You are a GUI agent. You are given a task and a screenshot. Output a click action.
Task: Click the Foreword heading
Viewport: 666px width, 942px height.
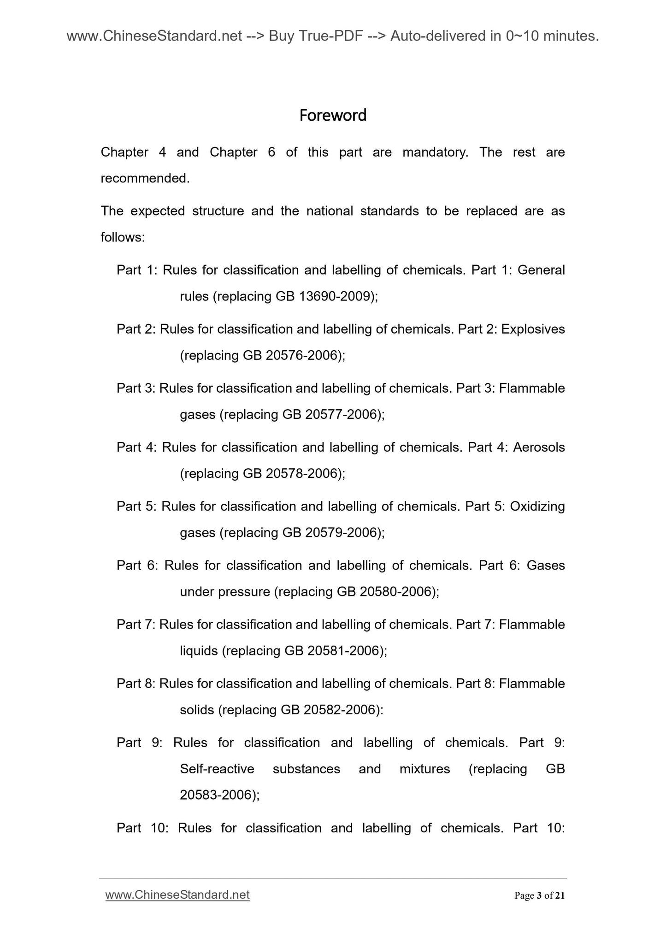pyautogui.click(x=333, y=115)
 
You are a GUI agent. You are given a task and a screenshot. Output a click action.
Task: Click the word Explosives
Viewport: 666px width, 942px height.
pyautogui.click(x=533, y=329)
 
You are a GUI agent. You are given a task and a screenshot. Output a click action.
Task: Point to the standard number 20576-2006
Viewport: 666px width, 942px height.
pyautogui.click(x=303, y=355)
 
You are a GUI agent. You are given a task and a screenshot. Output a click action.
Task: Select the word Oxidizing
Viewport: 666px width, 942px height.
pyautogui.click(x=537, y=506)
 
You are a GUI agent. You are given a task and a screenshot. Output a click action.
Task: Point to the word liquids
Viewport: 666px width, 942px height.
pyautogui.click(x=199, y=651)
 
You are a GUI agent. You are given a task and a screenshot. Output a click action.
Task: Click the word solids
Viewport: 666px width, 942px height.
pyautogui.click(x=197, y=710)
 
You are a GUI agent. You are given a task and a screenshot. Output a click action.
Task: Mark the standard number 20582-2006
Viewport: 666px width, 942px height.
pyautogui.click(x=341, y=710)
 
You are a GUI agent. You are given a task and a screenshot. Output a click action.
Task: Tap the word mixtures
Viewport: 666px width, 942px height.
pyautogui.click(x=424, y=769)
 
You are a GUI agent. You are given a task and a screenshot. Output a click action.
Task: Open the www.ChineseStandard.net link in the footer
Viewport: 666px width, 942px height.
pyautogui.click(x=177, y=895)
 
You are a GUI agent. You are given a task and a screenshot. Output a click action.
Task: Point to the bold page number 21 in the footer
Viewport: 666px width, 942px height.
pyautogui.click(x=560, y=895)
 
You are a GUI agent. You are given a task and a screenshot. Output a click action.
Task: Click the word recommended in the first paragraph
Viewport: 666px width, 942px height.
pyautogui.click(x=145, y=178)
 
